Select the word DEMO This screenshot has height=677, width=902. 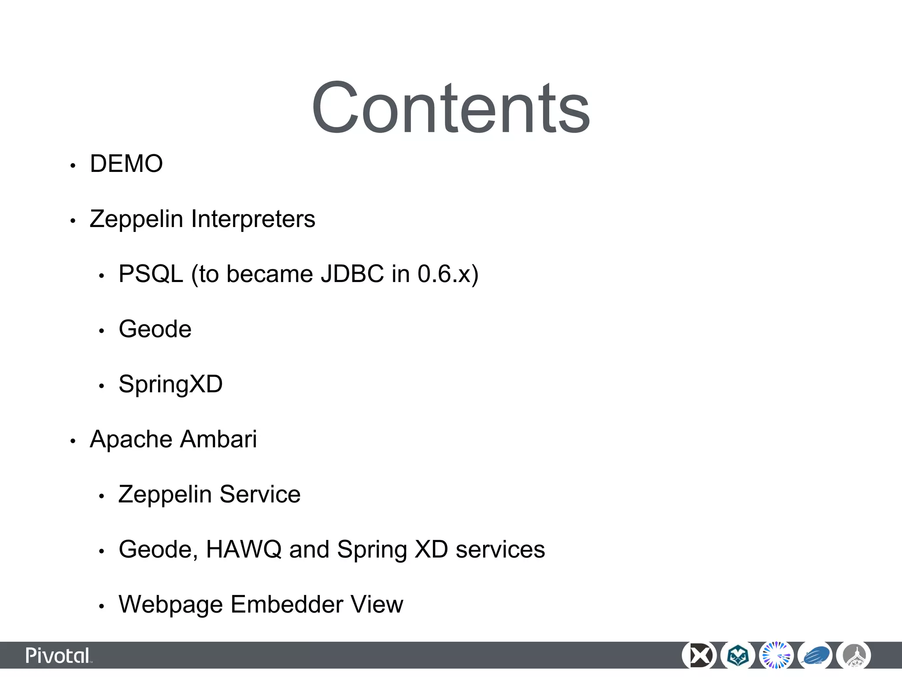tap(126, 164)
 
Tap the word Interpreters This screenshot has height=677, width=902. tap(253, 219)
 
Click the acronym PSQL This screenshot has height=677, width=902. tap(151, 274)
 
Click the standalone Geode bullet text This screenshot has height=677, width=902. tap(155, 329)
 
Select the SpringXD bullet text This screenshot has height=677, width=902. tap(170, 384)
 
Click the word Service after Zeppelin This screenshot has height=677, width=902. tap(260, 494)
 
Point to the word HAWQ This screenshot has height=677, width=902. tap(244, 549)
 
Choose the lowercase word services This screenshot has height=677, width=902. tap(500, 549)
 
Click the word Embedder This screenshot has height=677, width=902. tap(286, 604)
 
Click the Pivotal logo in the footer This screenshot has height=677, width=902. tap(59, 656)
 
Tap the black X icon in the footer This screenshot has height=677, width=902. tap(699, 656)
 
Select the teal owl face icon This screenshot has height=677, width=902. tap(737, 656)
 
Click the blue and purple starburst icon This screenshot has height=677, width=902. tap(776, 656)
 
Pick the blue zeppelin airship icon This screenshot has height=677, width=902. tap(815, 656)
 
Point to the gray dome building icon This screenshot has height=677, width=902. tap(854, 656)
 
